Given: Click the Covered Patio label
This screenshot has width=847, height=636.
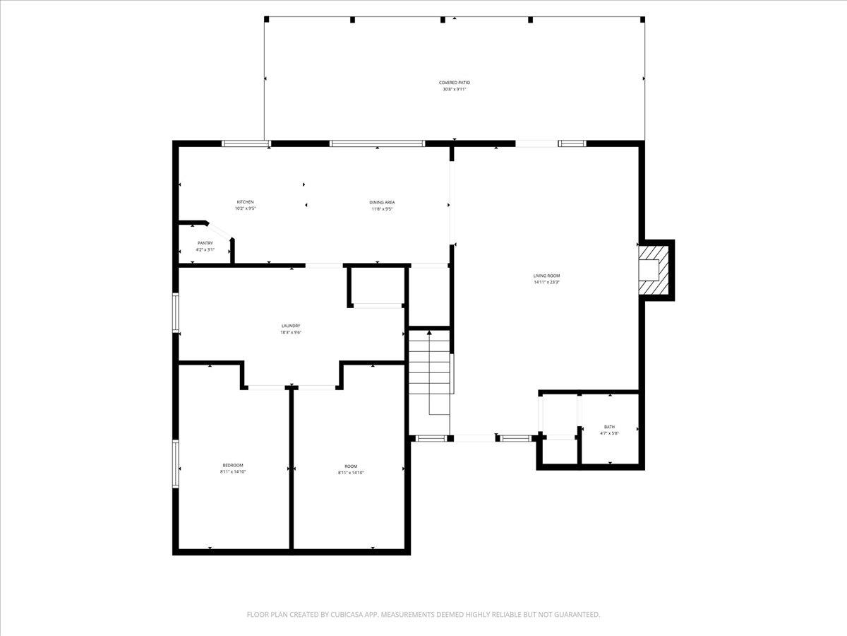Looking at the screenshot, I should [455, 83].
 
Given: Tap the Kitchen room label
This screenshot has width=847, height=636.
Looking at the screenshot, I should [245, 202].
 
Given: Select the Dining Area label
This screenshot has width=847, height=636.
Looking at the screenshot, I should [382, 202].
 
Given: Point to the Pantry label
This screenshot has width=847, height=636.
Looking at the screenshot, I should [205, 243].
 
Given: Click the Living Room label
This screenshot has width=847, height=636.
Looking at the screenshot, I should [546, 276].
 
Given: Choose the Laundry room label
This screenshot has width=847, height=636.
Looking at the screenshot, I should [292, 326].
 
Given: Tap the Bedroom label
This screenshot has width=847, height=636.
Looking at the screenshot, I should [233, 465].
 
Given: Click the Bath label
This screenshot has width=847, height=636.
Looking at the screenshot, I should [609, 427].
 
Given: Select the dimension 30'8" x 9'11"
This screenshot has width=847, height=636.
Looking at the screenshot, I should [455, 90].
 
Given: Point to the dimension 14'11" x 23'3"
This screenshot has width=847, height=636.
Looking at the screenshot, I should [546, 283].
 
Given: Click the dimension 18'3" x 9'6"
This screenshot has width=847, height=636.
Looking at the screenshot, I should [292, 332].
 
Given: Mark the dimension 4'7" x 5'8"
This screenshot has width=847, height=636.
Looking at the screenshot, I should [609, 433].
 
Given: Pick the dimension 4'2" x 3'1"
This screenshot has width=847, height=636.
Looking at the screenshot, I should [205, 249].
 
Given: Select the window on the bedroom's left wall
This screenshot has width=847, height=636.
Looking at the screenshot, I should [176, 464].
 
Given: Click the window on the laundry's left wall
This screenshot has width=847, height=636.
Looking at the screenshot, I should [176, 312].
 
